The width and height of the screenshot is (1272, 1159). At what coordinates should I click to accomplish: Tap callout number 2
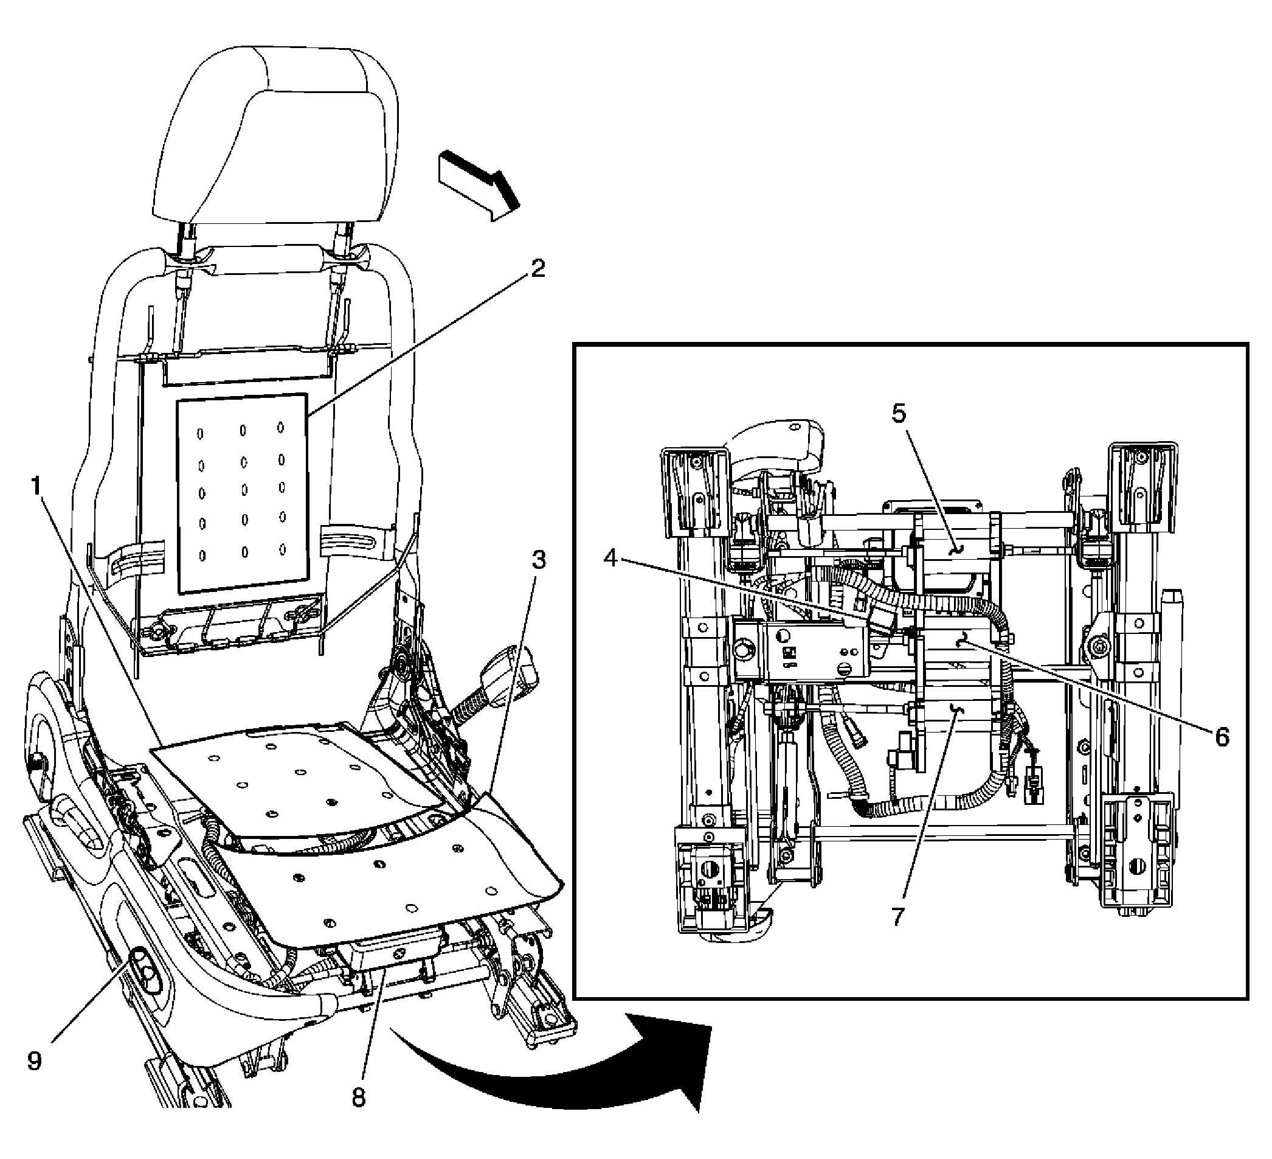[537, 269]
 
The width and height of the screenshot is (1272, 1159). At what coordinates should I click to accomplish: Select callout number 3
[537, 560]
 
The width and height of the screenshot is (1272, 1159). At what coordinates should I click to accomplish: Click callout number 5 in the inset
[899, 414]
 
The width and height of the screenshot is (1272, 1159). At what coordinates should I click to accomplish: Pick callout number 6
[1222, 737]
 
